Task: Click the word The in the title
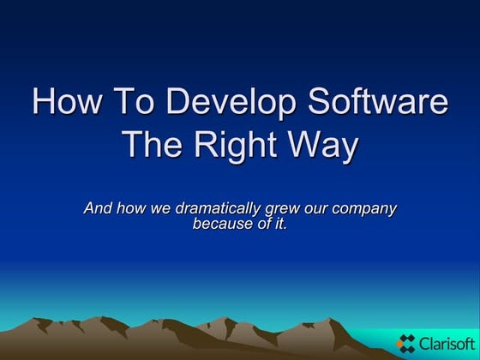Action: click(154, 144)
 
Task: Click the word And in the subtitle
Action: click(98, 208)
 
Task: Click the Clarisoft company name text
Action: click(444, 343)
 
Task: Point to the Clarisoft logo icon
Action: click(406, 343)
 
